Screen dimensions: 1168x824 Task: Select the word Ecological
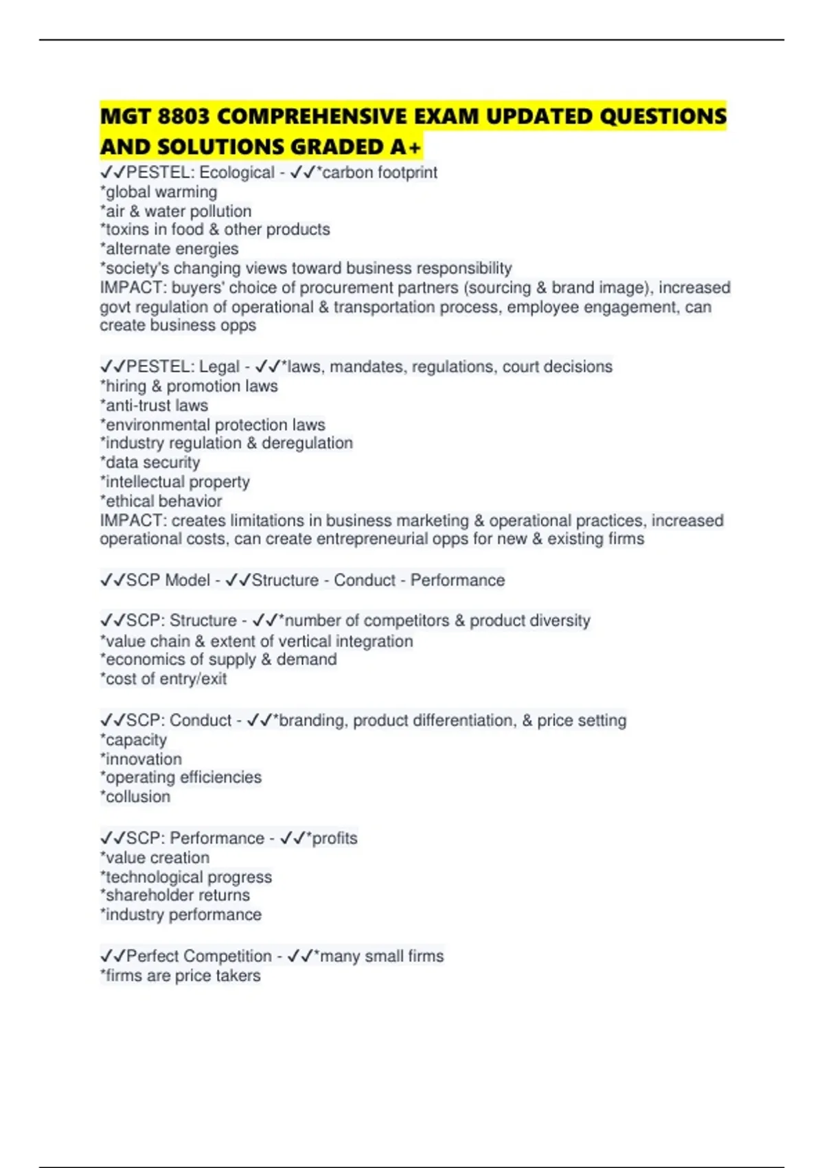pos(237,172)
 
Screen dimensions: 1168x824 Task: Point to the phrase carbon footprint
pos(380,172)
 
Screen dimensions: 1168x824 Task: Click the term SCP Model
pos(168,581)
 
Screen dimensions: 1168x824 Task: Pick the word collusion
pos(138,797)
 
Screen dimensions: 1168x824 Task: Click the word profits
pos(334,838)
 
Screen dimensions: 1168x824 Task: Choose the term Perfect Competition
pos(199,956)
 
